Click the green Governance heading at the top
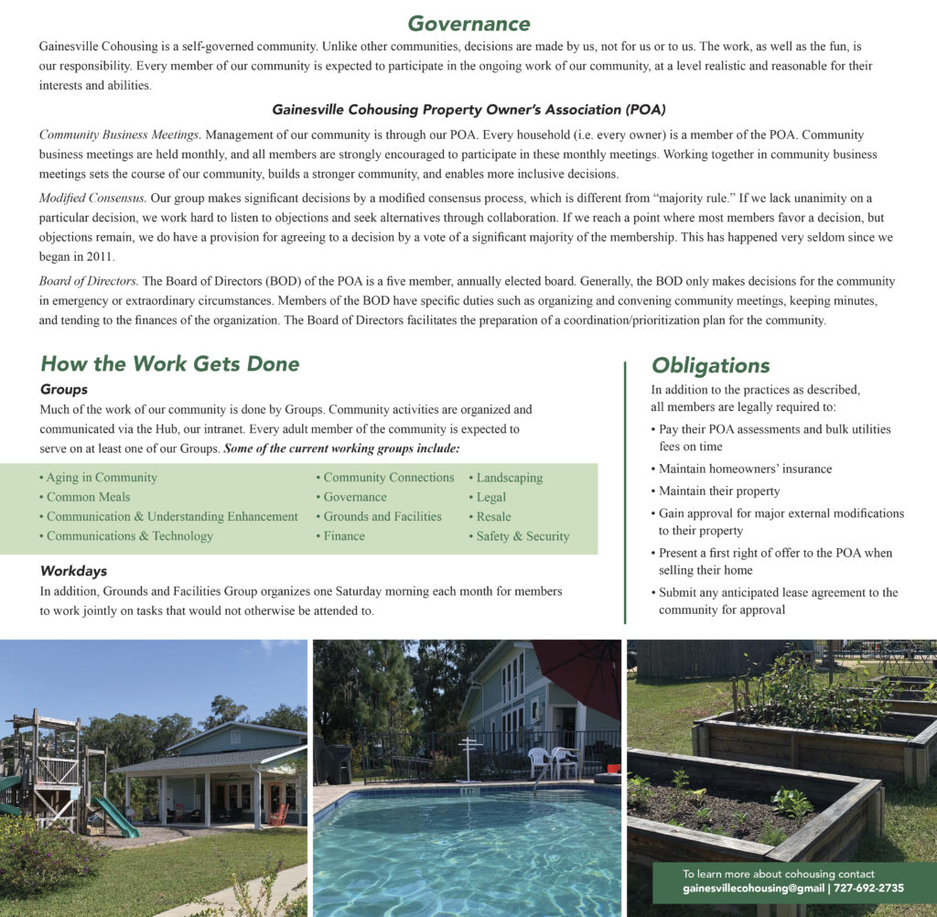468,23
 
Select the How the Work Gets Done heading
169,363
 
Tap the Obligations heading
710,366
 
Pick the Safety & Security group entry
522,536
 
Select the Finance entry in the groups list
344,536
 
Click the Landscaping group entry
509,478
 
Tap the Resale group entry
493,517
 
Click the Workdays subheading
73,571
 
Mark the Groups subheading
64,389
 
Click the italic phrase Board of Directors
89,282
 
